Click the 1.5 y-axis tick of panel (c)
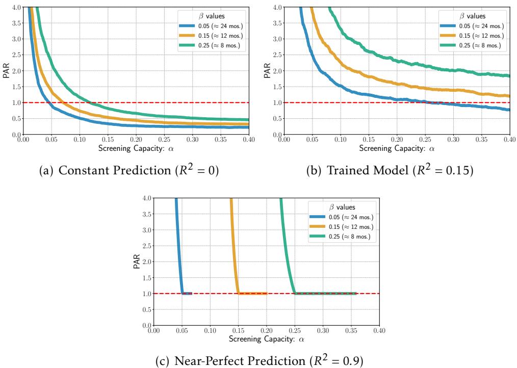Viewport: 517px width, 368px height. click(x=147, y=261)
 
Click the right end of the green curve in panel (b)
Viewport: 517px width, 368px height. click(x=509, y=76)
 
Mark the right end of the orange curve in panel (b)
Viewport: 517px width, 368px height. click(x=509, y=96)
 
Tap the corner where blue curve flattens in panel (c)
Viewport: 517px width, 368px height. click(x=183, y=293)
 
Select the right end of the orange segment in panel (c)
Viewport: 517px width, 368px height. click(x=267, y=293)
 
